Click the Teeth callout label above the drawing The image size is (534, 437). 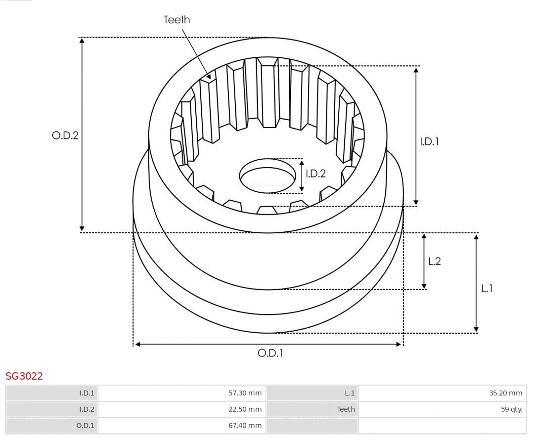[x=177, y=20]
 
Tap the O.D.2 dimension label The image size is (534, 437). [x=65, y=135]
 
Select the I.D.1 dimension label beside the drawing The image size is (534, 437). [x=429, y=141]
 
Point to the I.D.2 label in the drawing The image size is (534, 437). [x=315, y=174]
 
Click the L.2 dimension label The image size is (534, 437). [x=434, y=262]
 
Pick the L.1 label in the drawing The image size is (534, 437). [x=487, y=288]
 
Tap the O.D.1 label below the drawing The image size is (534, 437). [x=270, y=353]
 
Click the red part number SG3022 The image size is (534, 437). [x=24, y=376]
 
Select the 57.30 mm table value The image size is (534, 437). [x=245, y=393]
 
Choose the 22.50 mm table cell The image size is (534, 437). [x=245, y=409]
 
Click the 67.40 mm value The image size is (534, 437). [x=245, y=425]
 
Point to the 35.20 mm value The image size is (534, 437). [x=505, y=393]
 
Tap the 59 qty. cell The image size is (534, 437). [x=511, y=409]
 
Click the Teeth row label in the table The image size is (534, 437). [x=346, y=409]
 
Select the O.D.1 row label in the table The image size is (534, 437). [x=86, y=425]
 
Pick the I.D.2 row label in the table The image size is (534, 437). [x=87, y=409]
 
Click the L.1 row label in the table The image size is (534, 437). [x=350, y=393]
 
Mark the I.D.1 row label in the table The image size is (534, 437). [x=87, y=393]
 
